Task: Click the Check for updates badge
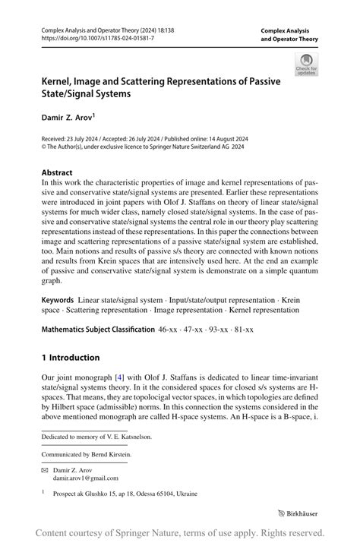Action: click(x=306, y=65)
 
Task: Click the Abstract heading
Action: click(x=57, y=173)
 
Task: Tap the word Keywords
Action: click(x=58, y=301)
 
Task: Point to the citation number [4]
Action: click(x=118, y=378)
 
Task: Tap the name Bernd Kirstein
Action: click(x=115, y=454)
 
